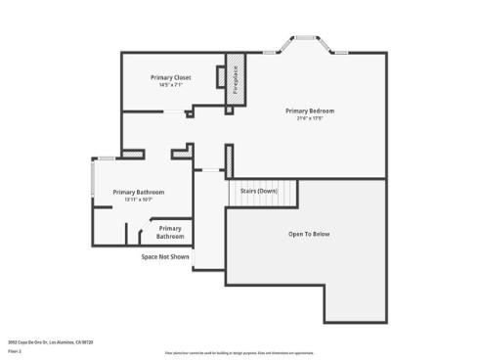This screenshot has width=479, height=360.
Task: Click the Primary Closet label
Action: [x=170, y=77]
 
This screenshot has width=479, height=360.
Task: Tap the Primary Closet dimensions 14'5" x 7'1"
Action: [x=170, y=85]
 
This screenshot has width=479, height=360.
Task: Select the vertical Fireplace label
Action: [x=236, y=77]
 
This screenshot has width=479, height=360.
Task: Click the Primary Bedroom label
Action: [x=310, y=111]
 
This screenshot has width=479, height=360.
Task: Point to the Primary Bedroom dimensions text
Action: [x=310, y=119]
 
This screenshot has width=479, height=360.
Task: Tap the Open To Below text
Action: [x=309, y=235]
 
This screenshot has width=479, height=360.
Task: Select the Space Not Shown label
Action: [x=164, y=256]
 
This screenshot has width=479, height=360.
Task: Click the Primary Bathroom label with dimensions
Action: [x=138, y=192]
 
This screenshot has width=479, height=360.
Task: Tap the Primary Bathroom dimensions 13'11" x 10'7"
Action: [x=138, y=200]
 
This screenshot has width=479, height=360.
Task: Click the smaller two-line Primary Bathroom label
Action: [x=170, y=232]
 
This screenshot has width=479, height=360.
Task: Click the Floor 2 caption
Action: [x=15, y=349]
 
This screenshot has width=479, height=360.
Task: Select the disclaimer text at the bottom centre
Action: [x=239, y=352]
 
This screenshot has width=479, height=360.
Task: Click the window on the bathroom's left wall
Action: [x=93, y=181]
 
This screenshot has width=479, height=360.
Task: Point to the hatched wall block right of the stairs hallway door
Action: [x=229, y=159]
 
